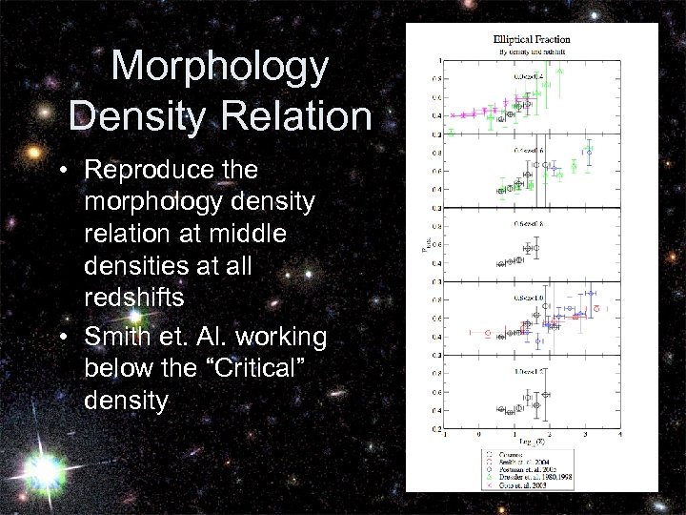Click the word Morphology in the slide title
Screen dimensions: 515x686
point(220,67)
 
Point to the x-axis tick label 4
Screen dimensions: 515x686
point(620,434)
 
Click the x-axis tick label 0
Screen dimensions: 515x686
point(480,434)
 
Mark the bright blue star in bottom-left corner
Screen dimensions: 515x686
point(43,468)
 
